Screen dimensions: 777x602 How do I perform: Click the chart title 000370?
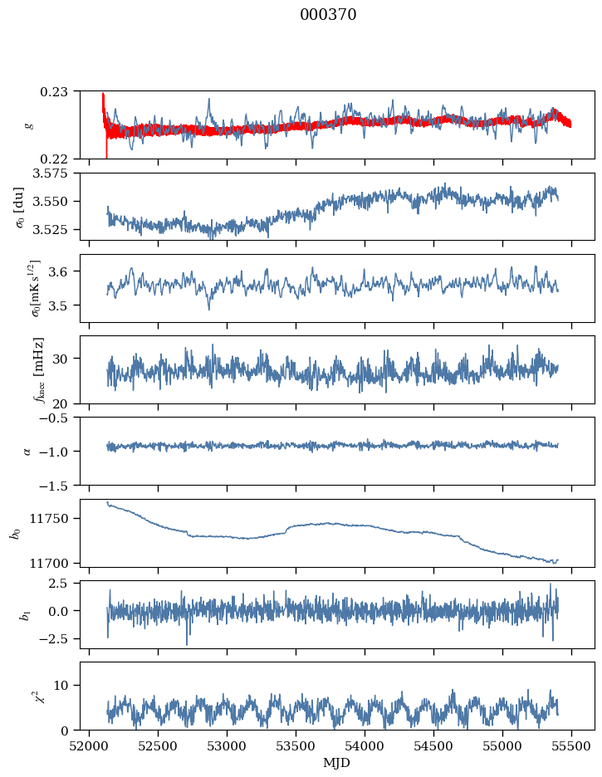328,15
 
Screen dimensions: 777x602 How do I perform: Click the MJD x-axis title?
336,763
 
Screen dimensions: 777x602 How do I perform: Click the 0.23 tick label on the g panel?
59,90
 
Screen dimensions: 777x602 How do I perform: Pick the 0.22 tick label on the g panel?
59,159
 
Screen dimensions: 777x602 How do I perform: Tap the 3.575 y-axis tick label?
53,173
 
